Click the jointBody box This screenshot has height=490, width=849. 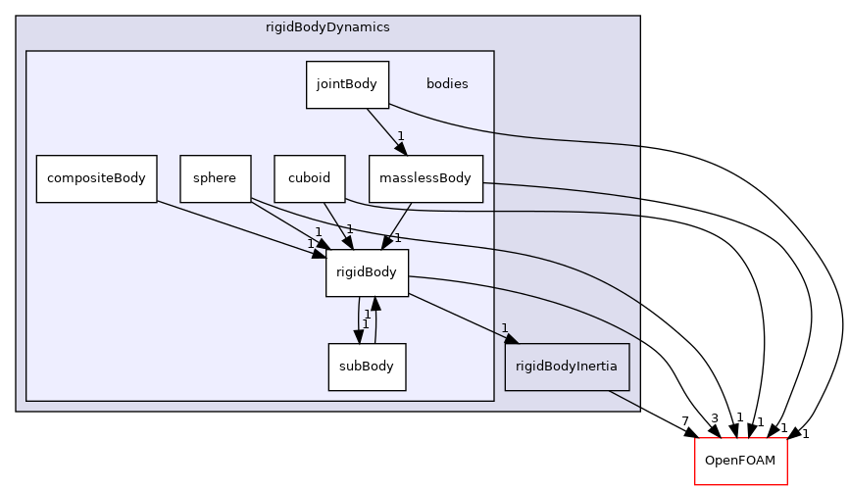tap(347, 84)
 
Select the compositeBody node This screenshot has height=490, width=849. tap(96, 178)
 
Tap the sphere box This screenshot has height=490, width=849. tap(215, 178)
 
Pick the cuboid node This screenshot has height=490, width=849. tap(309, 178)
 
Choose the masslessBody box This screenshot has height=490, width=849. tap(425, 178)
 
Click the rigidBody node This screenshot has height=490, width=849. tap(367, 272)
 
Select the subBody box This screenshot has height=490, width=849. tap(367, 367)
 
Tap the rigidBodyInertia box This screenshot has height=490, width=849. tap(567, 367)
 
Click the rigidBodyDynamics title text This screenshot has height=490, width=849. tap(327, 27)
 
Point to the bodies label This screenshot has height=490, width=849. tap(447, 84)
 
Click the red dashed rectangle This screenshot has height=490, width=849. tap(740, 461)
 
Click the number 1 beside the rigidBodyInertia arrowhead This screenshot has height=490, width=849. tap(505, 328)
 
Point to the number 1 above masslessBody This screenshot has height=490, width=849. tap(400, 136)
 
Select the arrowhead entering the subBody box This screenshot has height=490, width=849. tap(358, 336)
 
